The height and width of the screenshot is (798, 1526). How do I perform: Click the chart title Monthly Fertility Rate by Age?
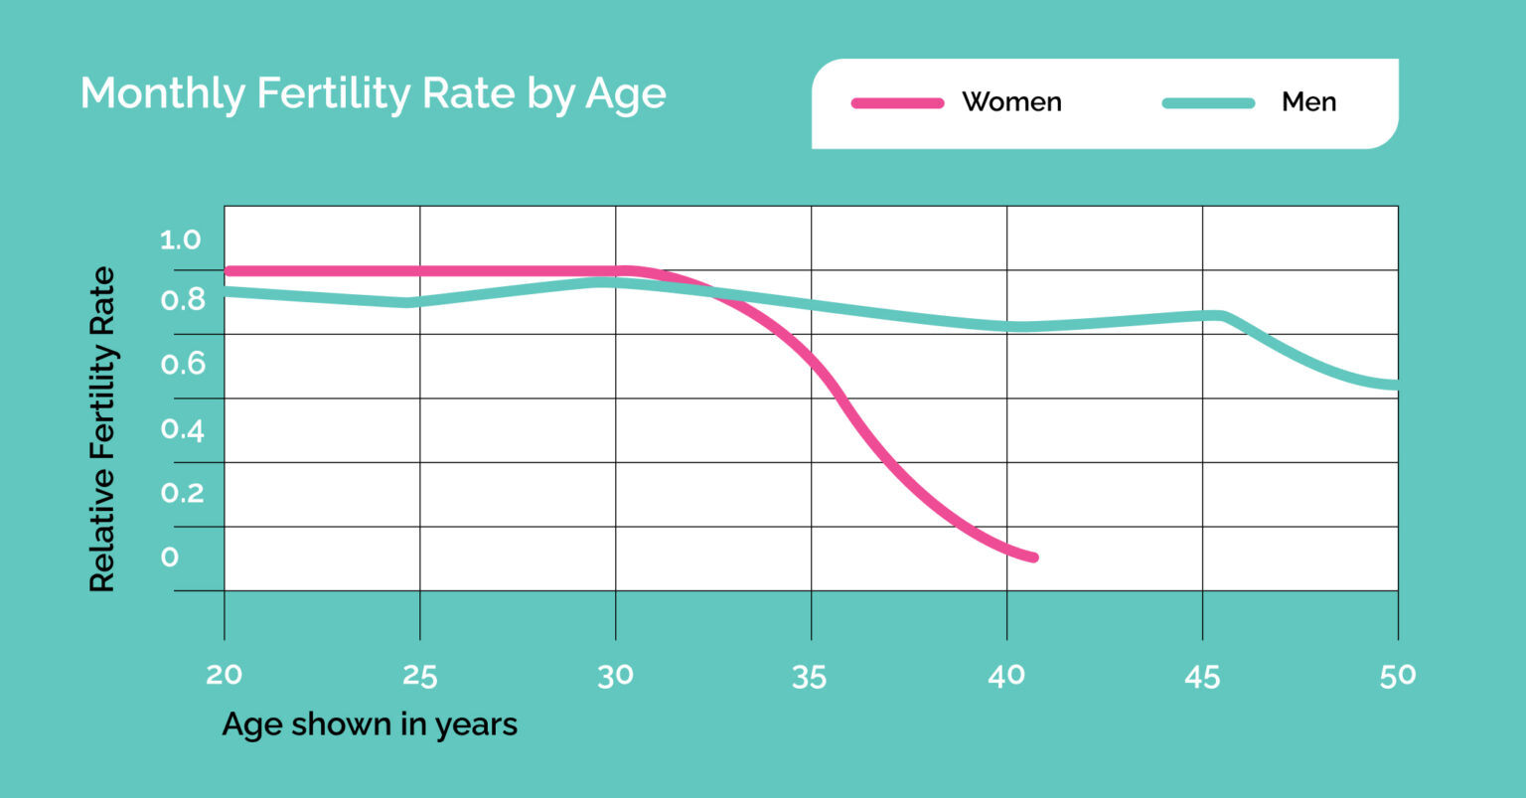374,94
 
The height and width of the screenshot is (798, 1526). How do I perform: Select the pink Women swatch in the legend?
897,103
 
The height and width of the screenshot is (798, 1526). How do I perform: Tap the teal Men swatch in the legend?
1208,103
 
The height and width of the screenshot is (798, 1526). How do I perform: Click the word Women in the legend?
1011,102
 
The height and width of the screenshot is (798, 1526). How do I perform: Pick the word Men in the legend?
1308,102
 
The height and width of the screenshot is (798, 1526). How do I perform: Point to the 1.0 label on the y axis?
181,239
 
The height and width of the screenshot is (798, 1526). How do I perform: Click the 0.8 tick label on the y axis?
183,300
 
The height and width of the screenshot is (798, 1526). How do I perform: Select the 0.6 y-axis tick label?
183,364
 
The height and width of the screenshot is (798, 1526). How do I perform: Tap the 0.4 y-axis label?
183,430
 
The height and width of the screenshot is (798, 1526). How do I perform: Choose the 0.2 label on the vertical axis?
183,493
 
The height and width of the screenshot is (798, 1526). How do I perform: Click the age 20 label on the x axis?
225,675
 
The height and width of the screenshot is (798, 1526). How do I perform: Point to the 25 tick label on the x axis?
419,677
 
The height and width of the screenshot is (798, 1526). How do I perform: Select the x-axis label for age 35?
810,678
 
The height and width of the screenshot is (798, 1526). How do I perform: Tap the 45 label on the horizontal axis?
1202,678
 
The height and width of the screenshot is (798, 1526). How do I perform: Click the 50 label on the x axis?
1398,677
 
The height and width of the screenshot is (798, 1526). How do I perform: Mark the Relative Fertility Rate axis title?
103,428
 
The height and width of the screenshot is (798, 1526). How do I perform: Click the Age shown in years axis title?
370,724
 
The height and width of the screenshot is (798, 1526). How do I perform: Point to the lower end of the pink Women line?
1033,558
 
